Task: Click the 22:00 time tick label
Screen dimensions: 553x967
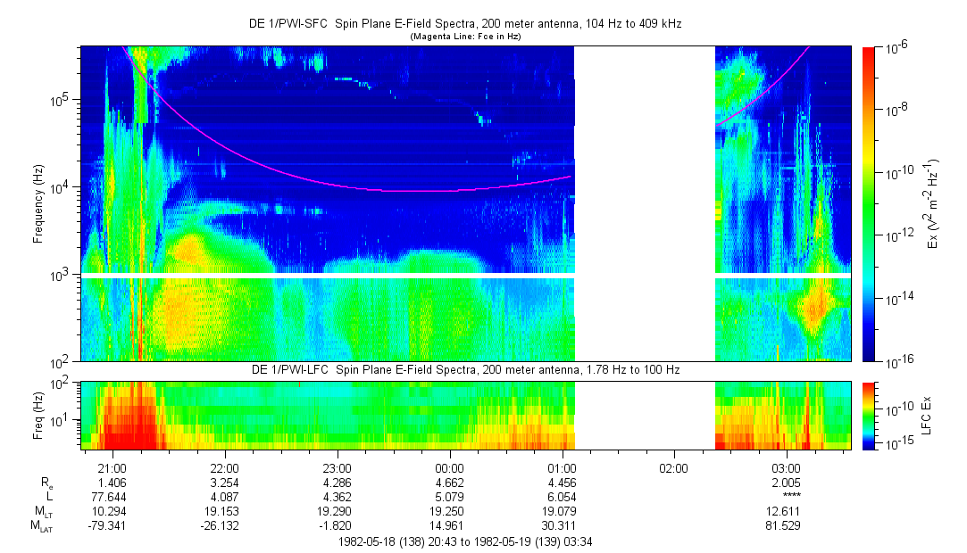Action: (x=224, y=467)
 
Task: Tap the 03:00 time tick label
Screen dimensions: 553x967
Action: (x=786, y=467)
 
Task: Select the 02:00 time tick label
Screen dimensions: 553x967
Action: (x=673, y=467)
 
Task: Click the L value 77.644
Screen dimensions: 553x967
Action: (x=112, y=496)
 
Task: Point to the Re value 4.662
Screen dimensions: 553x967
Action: (x=449, y=482)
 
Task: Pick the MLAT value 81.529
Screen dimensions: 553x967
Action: (x=786, y=525)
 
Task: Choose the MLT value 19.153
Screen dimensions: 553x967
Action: (x=224, y=511)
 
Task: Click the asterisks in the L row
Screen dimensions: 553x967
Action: (x=791, y=497)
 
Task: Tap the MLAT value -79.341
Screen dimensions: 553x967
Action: (x=112, y=525)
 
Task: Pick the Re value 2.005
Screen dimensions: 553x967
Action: (x=786, y=482)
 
